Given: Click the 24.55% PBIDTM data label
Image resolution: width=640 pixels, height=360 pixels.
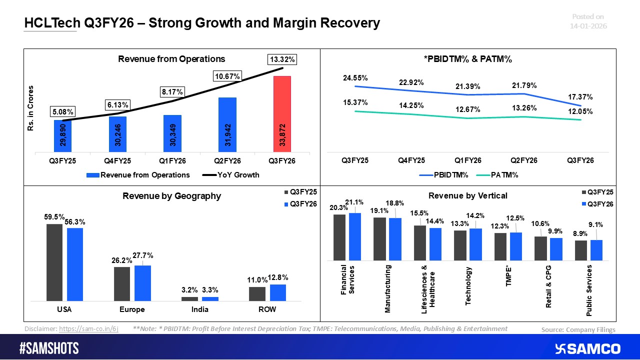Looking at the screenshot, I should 355,78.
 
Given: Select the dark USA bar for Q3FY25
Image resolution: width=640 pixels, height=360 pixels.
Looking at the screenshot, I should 54,262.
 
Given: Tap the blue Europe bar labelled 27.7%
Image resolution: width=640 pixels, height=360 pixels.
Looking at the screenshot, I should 142,282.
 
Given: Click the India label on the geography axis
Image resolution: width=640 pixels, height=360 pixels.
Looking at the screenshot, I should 199,309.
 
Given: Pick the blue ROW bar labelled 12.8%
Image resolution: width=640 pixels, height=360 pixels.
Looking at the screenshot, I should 277,292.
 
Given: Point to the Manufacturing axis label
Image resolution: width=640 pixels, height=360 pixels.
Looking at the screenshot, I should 387,289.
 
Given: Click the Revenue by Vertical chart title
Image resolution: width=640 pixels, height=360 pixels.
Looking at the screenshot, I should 467,195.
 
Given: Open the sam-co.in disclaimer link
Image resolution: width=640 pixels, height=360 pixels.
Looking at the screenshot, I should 88,329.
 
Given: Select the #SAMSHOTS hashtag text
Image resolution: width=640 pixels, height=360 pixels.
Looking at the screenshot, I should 49,348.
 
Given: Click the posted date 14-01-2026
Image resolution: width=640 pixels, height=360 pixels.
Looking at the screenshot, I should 589,25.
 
